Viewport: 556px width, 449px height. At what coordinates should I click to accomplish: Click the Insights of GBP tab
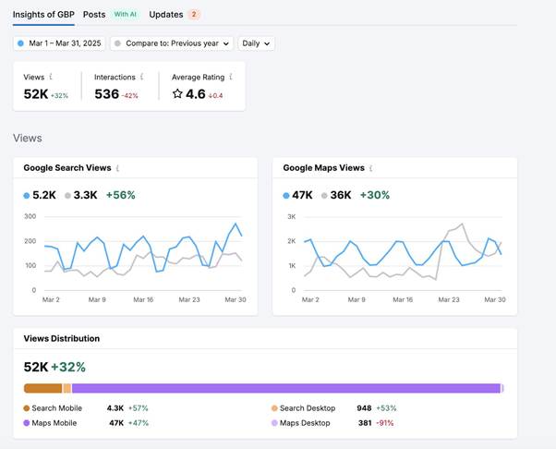(43, 15)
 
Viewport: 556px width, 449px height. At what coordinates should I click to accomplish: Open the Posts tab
(94, 15)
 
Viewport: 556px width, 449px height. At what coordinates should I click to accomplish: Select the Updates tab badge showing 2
(194, 15)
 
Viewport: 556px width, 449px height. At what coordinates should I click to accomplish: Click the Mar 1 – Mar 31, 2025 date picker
(59, 43)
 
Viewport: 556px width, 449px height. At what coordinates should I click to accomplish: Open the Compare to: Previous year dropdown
(172, 43)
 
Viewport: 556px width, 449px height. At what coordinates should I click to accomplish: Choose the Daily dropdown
(256, 43)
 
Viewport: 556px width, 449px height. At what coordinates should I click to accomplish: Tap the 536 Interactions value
(107, 94)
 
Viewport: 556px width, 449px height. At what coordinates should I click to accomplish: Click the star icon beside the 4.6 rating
(177, 94)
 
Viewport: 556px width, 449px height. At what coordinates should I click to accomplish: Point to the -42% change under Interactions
(130, 96)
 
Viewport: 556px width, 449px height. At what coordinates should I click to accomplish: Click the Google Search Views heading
(67, 168)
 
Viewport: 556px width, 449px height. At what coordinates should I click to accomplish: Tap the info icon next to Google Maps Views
(371, 168)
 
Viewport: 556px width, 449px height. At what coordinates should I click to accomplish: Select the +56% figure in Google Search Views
(121, 195)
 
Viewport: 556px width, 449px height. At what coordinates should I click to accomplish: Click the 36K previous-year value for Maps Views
(341, 195)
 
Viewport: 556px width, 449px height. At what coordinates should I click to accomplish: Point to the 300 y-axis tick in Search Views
(30, 216)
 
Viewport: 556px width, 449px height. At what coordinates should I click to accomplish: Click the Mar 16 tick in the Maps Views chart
(403, 299)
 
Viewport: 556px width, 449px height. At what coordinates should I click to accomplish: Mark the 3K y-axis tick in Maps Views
(292, 217)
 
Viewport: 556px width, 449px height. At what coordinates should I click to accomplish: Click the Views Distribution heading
(62, 338)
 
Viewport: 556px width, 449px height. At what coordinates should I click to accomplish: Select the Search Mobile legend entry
(53, 408)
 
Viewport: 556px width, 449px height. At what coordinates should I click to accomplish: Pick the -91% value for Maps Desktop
(385, 423)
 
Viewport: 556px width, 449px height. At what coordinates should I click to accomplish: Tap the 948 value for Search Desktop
(364, 408)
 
